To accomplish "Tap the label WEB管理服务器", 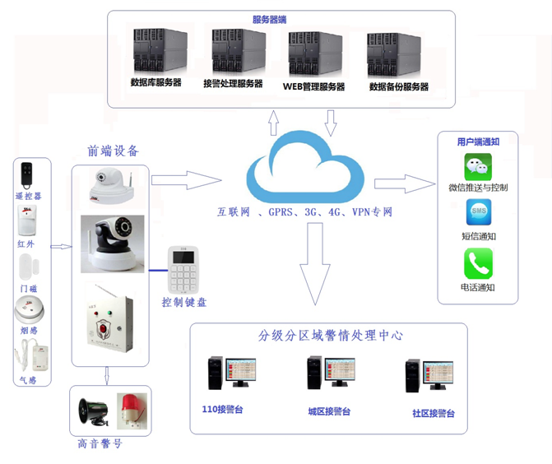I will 313,86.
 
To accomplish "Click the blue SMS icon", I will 478,213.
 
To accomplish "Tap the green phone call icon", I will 478,264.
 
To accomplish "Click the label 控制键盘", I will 184,303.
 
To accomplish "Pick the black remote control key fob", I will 28,174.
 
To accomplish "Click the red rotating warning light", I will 131,408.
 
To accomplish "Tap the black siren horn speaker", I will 91,411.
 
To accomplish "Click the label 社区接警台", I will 433,414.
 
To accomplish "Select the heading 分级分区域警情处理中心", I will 330,336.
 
